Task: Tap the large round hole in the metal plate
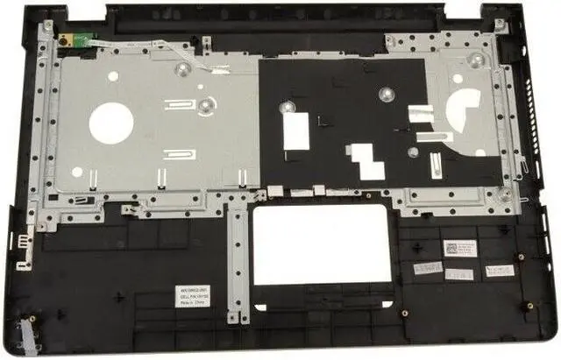tap(110, 122)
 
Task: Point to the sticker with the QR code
tap(458, 249)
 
